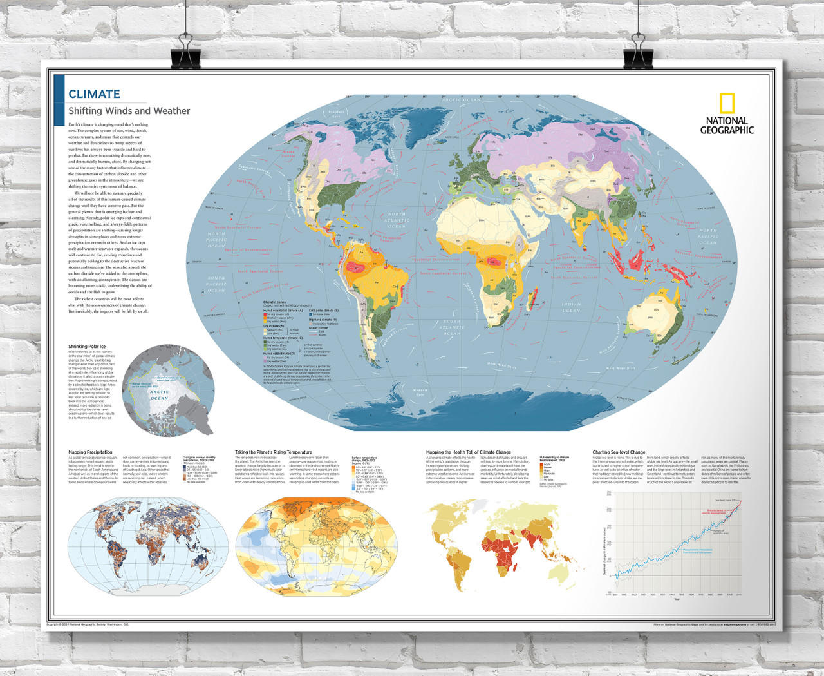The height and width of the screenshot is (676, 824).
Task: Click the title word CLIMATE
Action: pyautogui.click(x=94, y=94)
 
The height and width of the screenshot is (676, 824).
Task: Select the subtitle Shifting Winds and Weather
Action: pyautogui.click(x=129, y=111)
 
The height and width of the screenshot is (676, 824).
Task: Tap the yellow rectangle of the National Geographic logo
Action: pyautogui.click(x=727, y=104)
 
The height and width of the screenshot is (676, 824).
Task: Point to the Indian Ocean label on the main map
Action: pyautogui.click(x=570, y=307)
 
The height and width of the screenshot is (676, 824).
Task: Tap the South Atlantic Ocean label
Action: pyautogui.click(x=452, y=327)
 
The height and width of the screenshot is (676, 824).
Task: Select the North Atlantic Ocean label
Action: pyautogui.click(x=397, y=220)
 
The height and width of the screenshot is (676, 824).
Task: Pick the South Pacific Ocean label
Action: pyautogui.click(x=216, y=284)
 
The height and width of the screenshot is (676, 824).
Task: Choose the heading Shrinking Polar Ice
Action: pyautogui.click(x=87, y=347)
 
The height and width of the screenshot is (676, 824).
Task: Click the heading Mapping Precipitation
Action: pyautogui.click(x=90, y=452)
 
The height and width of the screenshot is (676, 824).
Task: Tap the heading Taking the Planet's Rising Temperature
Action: pyautogui.click(x=274, y=452)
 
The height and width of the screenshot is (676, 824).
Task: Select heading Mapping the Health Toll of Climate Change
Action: pyautogui.click(x=468, y=452)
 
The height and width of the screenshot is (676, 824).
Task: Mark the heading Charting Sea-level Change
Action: pyautogui.click(x=619, y=452)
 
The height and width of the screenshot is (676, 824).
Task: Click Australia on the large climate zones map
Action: pyautogui.click(x=653, y=316)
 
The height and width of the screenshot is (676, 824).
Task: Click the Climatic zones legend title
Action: pyautogui.click(x=275, y=301)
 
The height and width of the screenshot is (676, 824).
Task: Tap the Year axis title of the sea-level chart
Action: pyautogui.click(x=676, y=599)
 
